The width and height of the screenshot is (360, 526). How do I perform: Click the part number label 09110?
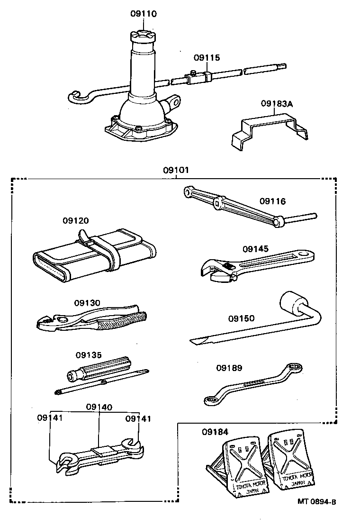(x=144, y=14)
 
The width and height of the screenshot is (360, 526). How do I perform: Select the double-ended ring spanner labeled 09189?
(x=253, y=384)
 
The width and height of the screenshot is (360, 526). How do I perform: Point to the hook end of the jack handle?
(x=78, y=97)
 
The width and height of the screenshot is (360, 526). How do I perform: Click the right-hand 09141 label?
(x=138, y=418)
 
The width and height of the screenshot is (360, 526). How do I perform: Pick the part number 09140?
(x=99, y=407)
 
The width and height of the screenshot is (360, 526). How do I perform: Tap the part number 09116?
(x=272, y=201)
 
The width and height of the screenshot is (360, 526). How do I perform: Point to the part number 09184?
(x=215, y=432)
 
